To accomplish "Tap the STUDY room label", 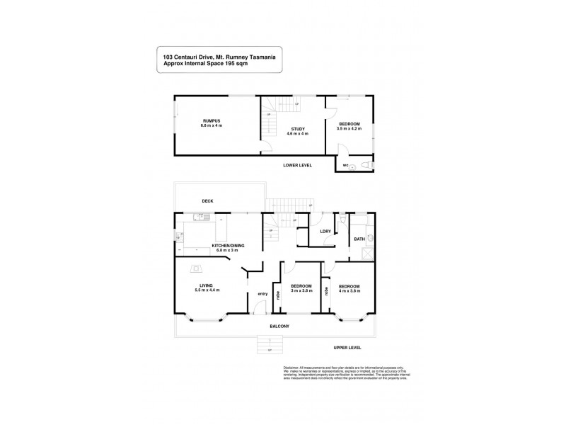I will click(x=296, y=128).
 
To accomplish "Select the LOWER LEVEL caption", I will click(x=296, y=165).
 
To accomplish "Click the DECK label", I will click(x=207, y=201).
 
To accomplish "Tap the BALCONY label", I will click(x=280, y=326).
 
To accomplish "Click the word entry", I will click(x=262, y=294).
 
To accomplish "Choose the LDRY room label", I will click(x=326, y=232).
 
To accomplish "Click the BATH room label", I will click(x=359, y=239).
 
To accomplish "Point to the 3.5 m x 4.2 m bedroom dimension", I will click(x=350, y=129).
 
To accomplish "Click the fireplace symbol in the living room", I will click(x=197, y=267).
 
